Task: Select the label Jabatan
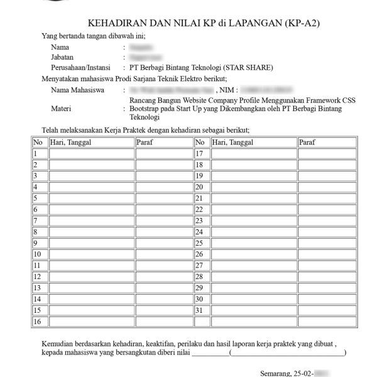click(63, 57)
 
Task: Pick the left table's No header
click(38, 143)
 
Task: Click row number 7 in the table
click(36, 221)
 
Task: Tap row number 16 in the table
click(38, 322)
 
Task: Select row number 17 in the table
click(201, 154)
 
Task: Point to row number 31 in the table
click(201, 310)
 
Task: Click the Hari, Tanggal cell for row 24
click(253, 232)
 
